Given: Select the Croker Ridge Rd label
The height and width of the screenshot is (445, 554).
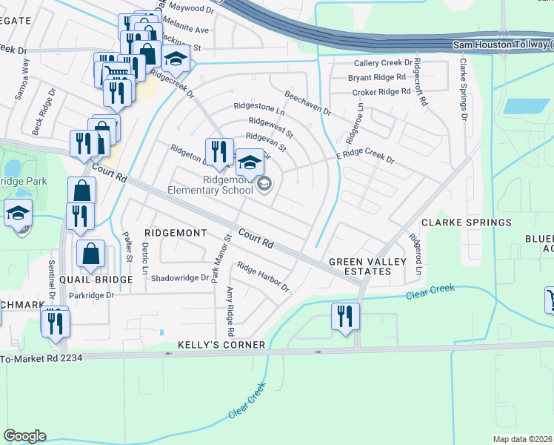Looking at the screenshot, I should tap(381, 92).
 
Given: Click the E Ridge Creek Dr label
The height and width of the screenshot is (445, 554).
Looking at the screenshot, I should tap(366, 158).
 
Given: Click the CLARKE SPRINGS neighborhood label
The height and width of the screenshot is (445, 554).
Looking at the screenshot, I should tap(466, 222).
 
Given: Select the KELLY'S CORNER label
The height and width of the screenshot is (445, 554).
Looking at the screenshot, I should tap(221, 346).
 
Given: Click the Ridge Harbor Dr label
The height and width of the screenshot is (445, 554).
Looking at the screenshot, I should tap(262, 277).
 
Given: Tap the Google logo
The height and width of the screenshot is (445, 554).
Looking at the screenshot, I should tap(25, 436).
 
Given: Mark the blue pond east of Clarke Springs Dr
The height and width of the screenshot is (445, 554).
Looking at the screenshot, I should tap(521, 105).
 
